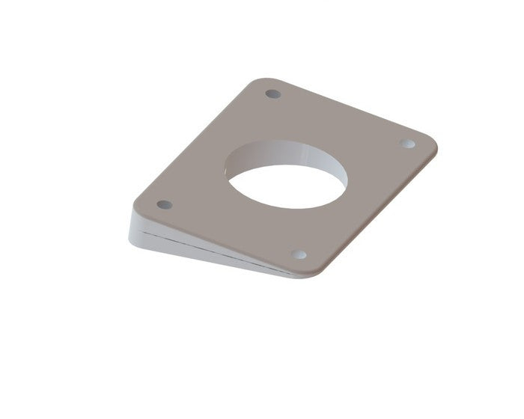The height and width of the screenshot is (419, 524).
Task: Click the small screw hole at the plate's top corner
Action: click(273, 94)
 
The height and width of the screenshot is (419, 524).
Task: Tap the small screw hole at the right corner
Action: click(408, 143)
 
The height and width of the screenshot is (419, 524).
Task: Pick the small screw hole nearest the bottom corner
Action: click(298, 254)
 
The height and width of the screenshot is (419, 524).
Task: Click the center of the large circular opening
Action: click(287, 183)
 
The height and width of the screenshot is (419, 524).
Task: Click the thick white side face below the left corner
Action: click(142, 227)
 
